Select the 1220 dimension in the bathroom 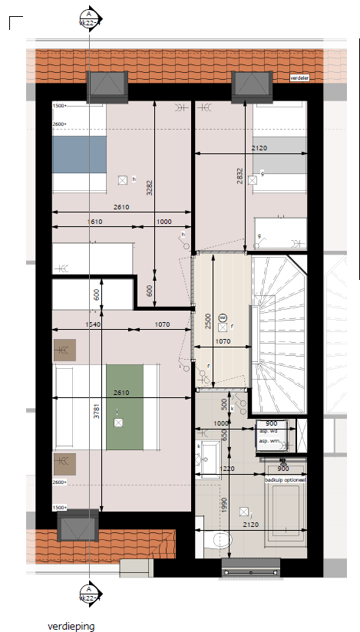[227, 469]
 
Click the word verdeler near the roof [299, 78]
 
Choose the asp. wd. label [269, 432]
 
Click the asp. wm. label [269, 442]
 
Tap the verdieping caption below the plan [71, 626]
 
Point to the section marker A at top [89, 15]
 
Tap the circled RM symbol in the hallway [223, 318]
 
